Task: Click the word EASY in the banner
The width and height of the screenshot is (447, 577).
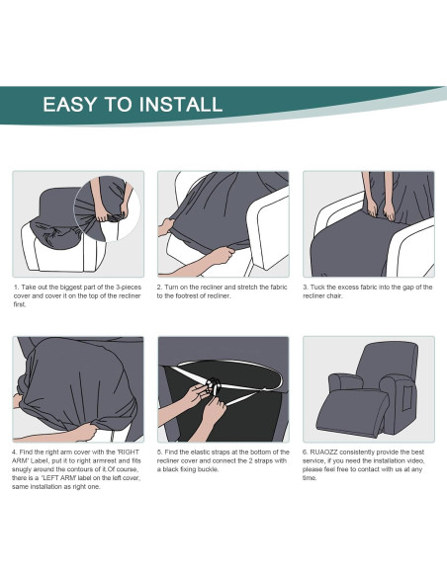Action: point(69,104)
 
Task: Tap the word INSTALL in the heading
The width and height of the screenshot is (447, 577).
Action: point(181,104)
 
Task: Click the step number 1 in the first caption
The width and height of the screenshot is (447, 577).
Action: point(16,288)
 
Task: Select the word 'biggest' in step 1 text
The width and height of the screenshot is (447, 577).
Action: point(69,288)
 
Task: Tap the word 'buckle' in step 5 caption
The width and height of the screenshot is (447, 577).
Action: point(209,469)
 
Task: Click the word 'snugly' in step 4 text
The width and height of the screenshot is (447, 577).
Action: point(21,470)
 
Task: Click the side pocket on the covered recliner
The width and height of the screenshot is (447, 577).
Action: point(407,398)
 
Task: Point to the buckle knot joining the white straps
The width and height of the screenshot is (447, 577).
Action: point(214,387)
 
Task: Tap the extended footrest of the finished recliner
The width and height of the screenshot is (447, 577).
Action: point(352,412)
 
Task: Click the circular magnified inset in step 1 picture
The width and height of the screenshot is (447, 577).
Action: point(107,208)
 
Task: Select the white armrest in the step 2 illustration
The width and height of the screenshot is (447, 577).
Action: point(267,226)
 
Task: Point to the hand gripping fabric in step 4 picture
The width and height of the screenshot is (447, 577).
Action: point(84,432)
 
